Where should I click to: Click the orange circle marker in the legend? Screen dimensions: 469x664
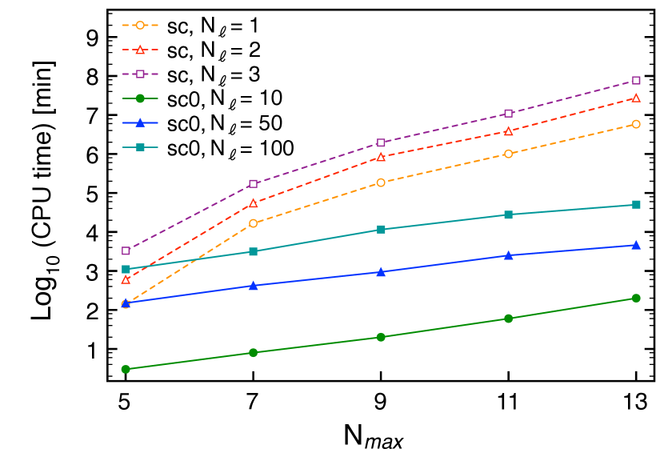(140, 26)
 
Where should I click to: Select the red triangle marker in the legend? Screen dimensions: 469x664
(140, 50)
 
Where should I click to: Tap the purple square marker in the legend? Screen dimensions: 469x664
(140, 74)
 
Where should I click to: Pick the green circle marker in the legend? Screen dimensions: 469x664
(140, 98)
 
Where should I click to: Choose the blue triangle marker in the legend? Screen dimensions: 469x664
(140, 122)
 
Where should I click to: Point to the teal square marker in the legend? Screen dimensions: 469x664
(140, 147)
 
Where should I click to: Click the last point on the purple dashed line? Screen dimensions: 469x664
(636, 80)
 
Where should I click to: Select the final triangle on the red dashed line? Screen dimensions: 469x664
(636, 98)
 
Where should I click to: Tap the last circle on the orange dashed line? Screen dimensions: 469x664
(636, 124)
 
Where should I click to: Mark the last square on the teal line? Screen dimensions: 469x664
(636, 204)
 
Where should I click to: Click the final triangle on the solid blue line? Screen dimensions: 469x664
(636, 245)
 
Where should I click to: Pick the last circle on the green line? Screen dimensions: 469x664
(636, 298)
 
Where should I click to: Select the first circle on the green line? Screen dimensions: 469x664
(126, 369)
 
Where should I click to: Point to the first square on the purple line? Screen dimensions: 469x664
(126, 251)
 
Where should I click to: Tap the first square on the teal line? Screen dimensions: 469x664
(126, 269)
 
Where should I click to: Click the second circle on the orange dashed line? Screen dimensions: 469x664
(253, 223)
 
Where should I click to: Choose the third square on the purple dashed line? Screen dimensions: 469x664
(381, 142)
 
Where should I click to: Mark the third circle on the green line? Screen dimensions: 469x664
(381, 337)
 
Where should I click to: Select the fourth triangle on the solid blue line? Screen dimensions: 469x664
(508, 255)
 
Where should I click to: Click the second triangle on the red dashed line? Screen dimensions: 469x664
(253, 202)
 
